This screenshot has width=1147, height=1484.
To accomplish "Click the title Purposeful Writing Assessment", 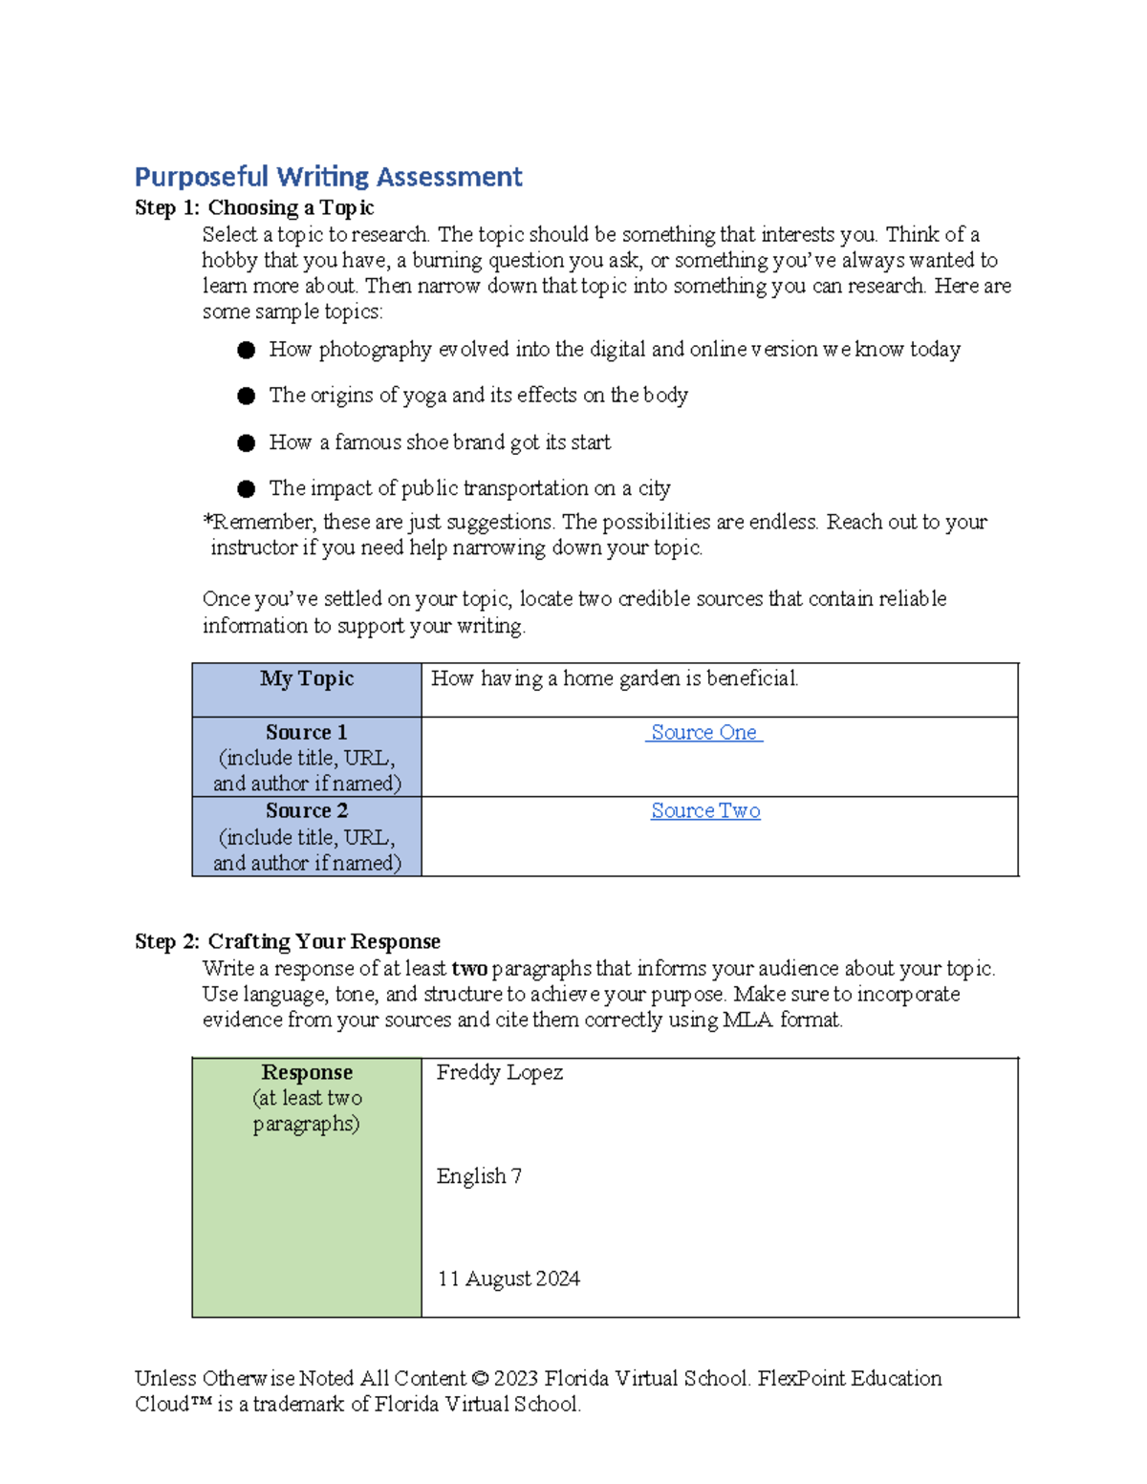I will click(x=328, y=177).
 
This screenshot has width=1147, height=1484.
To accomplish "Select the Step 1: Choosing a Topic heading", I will click(x=254, y=208).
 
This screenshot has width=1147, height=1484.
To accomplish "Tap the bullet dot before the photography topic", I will click(x=247, y=351).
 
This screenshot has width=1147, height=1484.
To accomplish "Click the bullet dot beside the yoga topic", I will click(x=247, y=396).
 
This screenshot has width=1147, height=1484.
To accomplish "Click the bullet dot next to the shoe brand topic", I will click(x=247, y=442).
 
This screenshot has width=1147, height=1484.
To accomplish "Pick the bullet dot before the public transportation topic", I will click(x=247, y=489).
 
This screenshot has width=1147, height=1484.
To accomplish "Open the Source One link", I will click(x=704, y=733).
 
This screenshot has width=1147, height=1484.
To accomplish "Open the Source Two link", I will click(x=705, y=811).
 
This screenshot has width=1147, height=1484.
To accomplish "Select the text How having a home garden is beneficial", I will click(x=615, y=679).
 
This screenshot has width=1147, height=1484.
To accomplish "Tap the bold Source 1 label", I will click(x=307, y=733).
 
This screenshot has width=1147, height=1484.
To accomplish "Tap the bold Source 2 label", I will click(x=307, y=811).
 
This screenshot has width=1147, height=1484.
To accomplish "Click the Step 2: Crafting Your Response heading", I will click(x=288, y=942).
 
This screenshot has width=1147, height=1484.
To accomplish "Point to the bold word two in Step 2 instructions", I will click(x=469, y=969).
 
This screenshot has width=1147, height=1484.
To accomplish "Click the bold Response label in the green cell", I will click(x=307, y=1073).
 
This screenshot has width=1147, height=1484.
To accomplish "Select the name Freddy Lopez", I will click(x=500, y=1073).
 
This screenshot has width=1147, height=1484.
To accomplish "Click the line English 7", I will click(x=479, y=1176).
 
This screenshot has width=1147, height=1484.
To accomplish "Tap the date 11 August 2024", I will click(x=509, y=1280).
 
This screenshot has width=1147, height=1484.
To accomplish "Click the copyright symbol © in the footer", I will click(x=480, y=1379).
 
